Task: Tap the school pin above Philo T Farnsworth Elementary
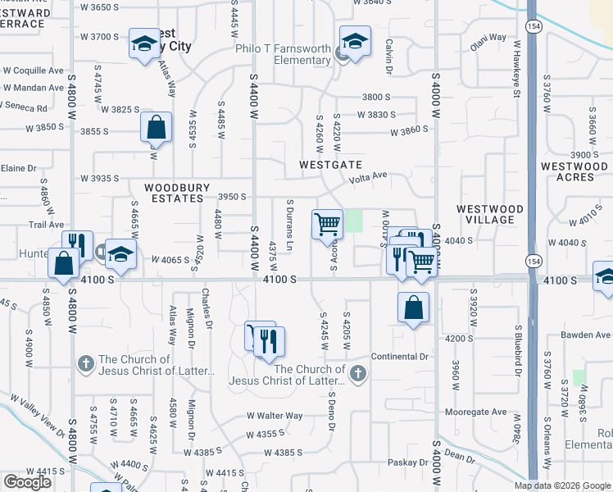tap(356, 40)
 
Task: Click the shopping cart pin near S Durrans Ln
tap(327, 223)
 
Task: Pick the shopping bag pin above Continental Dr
tap(414, 308)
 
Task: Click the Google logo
tap(27, 482)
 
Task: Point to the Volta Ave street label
tap(368, 175)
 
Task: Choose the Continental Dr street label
tap(400, 357)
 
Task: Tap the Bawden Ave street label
tap(586, 335)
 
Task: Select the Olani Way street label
tap(487, 38)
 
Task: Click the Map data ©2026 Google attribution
tap(561, 485)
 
